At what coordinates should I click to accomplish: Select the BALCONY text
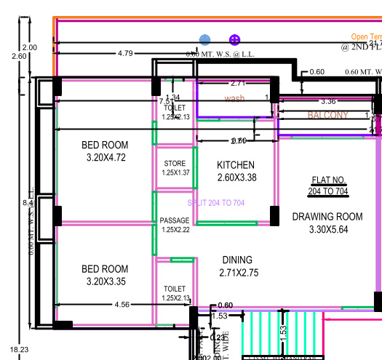coord(327,115)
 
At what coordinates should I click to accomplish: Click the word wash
coord(234,98)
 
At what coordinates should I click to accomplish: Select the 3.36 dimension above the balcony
coord(327,101)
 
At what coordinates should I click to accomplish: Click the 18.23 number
coord(10,351)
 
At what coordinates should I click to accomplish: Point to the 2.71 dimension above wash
coord(237,84)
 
